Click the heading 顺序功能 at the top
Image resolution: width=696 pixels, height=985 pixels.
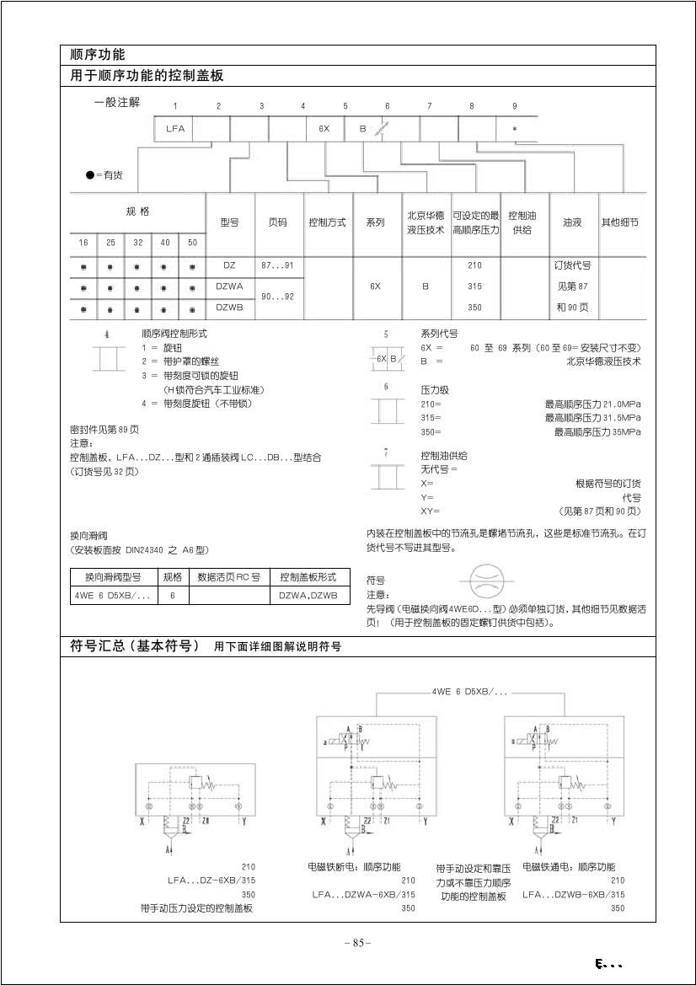coord(97,55)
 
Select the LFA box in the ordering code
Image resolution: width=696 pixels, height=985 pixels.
coord(174,129)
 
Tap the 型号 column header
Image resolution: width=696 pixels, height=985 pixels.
coord(229,222)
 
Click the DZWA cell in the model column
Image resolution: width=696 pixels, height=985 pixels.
coord(229,286)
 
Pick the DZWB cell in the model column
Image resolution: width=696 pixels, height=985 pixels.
coord(229,308)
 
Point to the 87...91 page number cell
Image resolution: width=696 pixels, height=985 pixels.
coord(277,265)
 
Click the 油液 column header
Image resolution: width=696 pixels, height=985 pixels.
coord(572,222)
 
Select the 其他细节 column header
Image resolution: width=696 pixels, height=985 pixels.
coord(619,222)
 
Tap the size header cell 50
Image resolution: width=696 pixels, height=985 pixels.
coord(192,243)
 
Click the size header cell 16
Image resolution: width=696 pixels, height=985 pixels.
coord(83,243)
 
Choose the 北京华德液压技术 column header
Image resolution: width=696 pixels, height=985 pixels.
coord(426,222)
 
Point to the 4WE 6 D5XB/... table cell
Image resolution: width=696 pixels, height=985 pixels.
coord(113,596)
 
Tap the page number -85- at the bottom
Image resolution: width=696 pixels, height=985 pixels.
coord(358,943)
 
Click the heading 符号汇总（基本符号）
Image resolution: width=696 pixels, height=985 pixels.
coord(135,646)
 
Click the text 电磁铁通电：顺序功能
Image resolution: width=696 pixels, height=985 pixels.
coord(569,867)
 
